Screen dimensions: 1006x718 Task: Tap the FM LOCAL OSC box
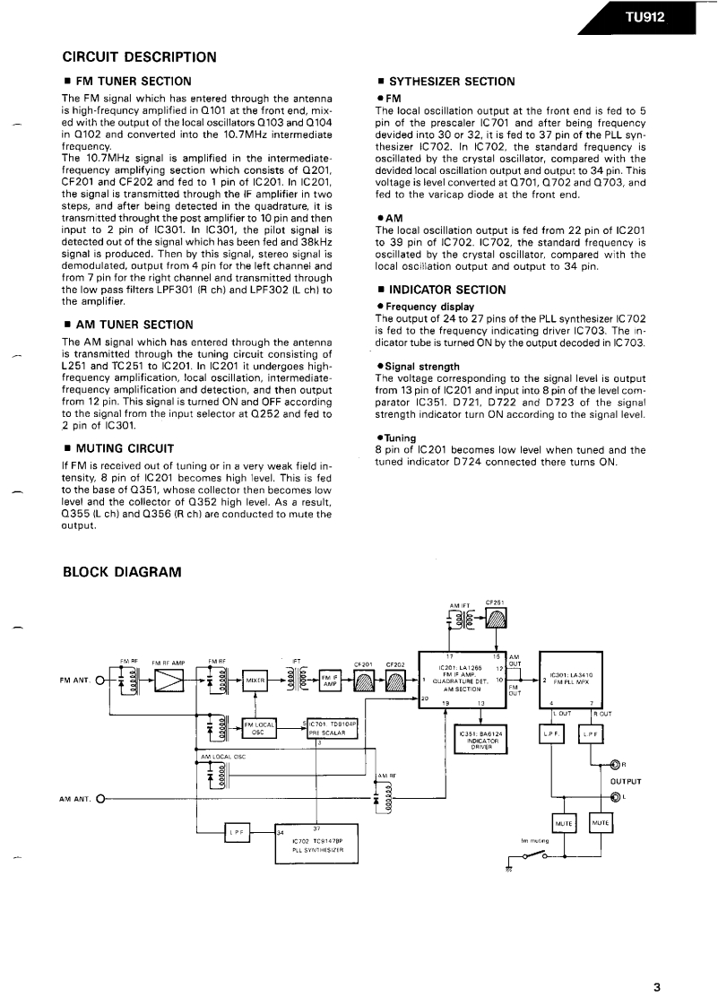point(260,727)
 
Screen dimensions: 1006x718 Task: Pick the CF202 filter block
point(396,682)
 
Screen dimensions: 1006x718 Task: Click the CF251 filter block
point(496,619)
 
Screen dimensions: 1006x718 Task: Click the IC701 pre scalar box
point(333,727)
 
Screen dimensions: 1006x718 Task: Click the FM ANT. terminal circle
point(99,681)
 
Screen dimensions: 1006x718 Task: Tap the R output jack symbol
point(615,765)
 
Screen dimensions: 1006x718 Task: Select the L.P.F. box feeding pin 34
point(236,832)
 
